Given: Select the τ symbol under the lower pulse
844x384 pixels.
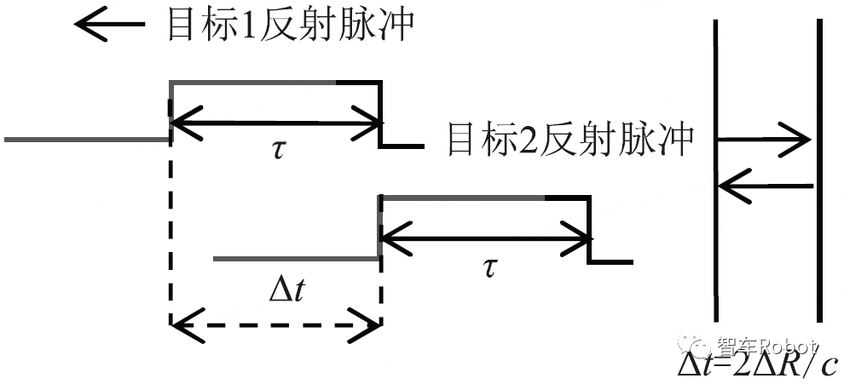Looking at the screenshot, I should pos(488,268).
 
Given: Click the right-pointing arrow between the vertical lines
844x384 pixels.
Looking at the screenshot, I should pos(763,138).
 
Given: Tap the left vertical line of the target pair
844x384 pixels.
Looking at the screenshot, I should pos(715,170).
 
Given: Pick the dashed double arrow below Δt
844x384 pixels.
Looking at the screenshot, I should pos(275,324).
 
